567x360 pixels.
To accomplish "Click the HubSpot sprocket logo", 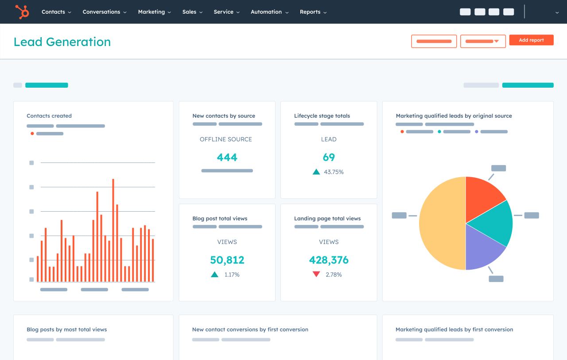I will tap(22, 12).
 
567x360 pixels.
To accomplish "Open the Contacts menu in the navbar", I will tap(56, 12).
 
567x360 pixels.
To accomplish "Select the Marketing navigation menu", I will tap(154, 12).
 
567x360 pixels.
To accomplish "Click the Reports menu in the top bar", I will tap(313, 12).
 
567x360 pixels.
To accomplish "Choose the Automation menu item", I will tap(269, 12).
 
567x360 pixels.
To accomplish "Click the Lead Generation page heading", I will tap(62, 42).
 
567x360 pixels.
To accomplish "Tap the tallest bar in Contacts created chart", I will tap(113, 230).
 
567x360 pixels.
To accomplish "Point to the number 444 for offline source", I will tap(227, 157).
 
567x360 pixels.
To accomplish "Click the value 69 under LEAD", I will tap(329, 157).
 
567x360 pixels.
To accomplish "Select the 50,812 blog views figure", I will tap(227, 260).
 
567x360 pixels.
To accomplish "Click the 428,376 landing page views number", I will tap(329, 260).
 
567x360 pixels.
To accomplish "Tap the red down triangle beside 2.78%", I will tap(316, 275).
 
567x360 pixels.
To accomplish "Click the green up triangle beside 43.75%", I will tap(316, 172).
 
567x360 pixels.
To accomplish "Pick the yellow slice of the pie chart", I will tap(441, 224).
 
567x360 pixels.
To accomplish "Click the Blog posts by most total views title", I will tap(66, 329).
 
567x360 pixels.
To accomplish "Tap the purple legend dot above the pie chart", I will tap(477, 132).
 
